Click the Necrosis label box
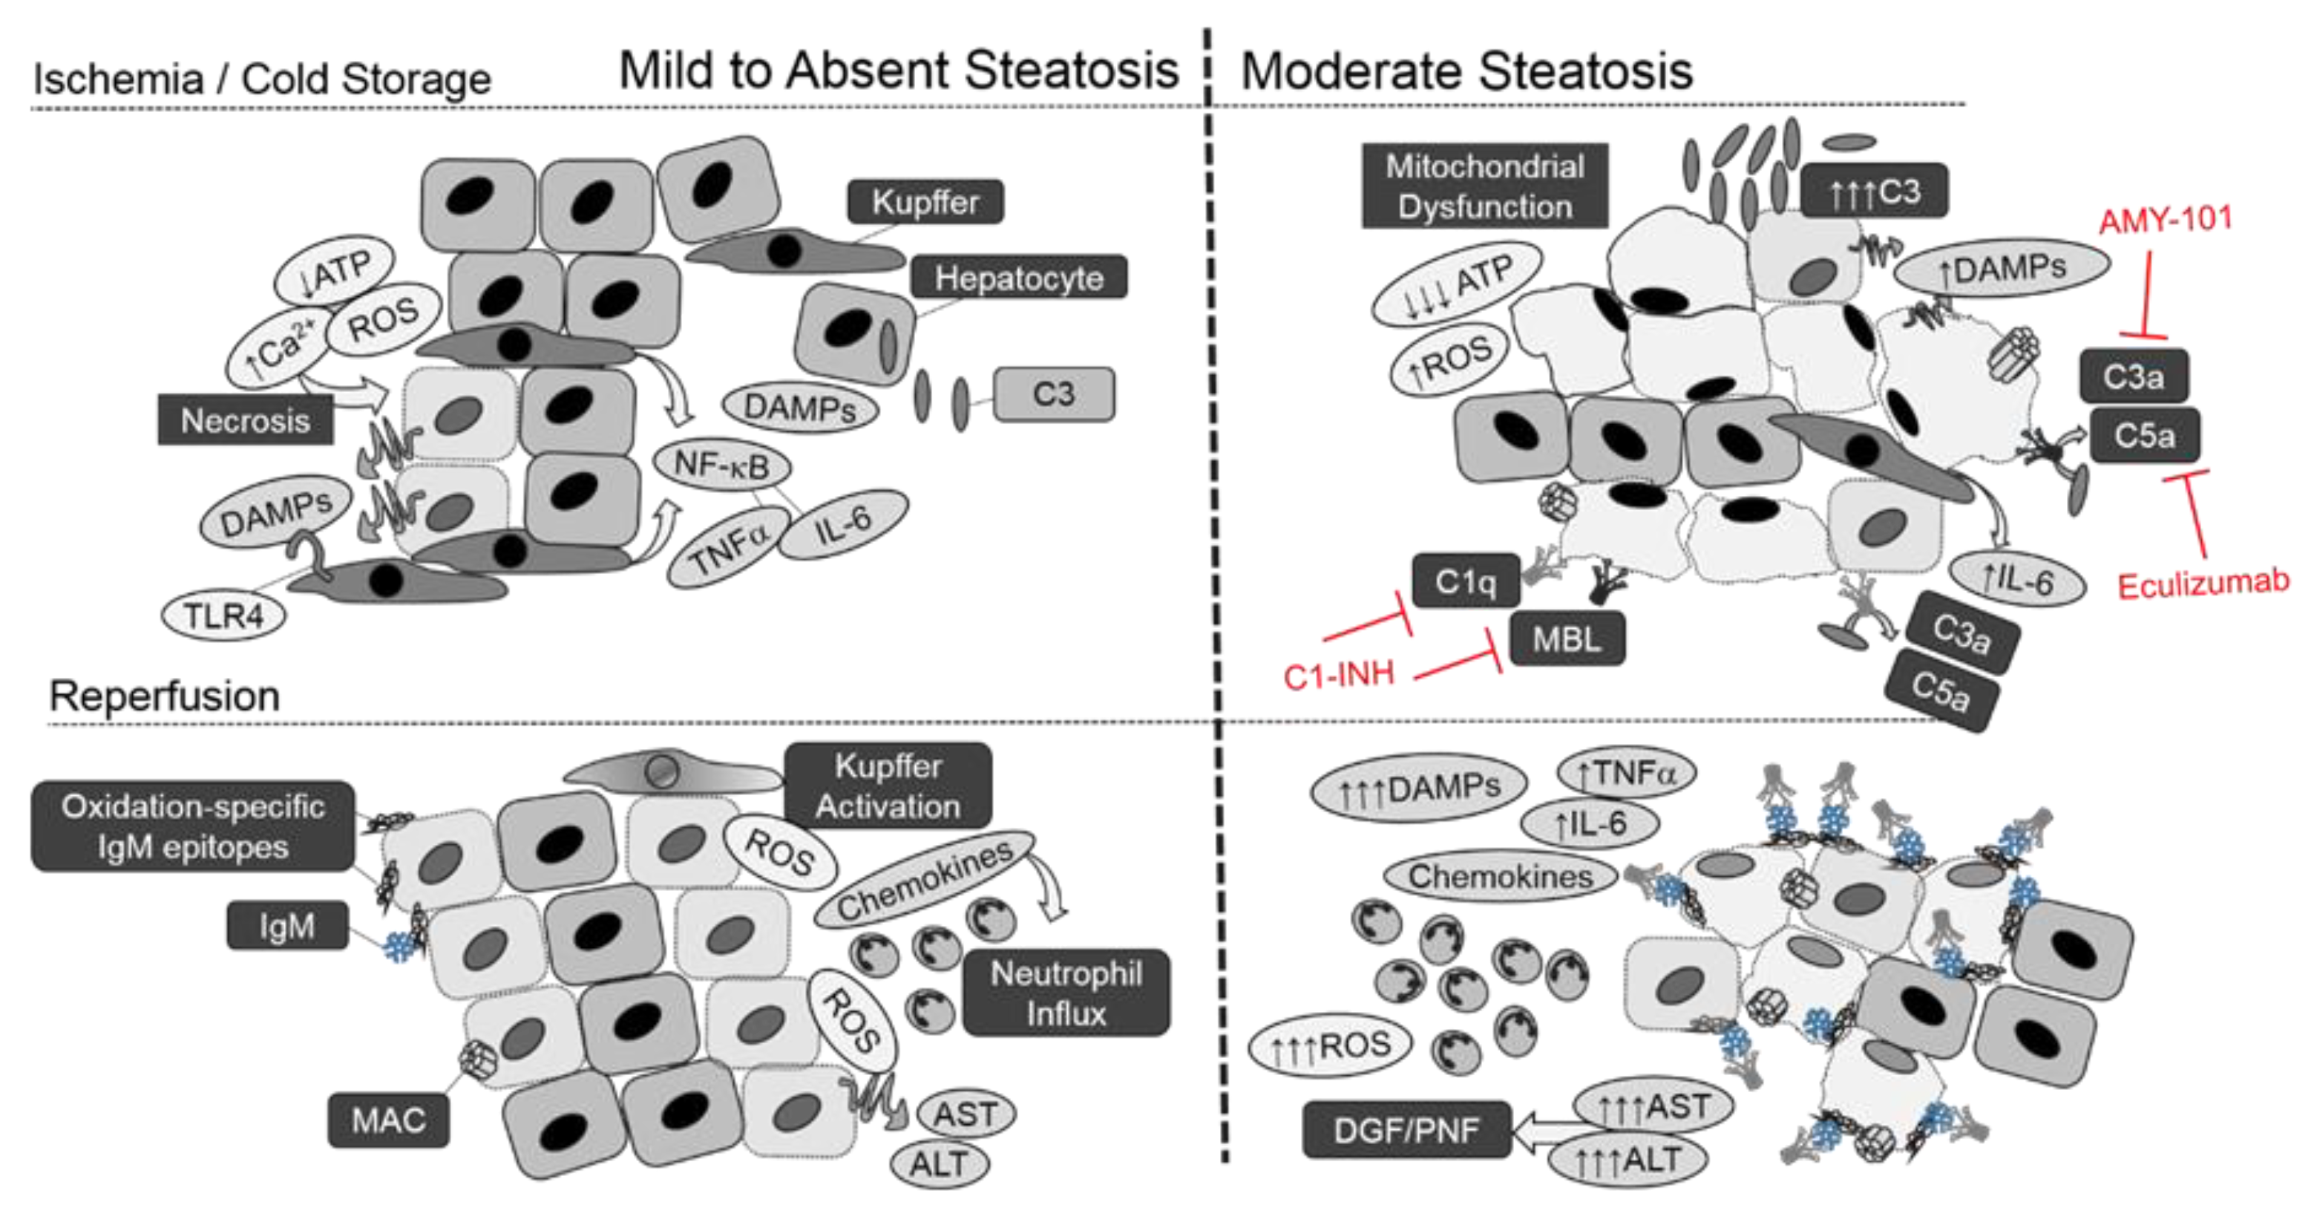pos(245,419)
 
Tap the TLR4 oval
pos(223,616)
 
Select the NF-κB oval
pos(722,465)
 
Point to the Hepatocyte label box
pos(1019,278)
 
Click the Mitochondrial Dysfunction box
pos(1484,186)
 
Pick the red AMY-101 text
pos(2166,219)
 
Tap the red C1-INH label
pos(1339,675)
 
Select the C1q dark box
pos(1465,581)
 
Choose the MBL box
pos(1567,639)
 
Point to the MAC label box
pos(388,1120)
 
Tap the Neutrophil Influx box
pos(1066,993)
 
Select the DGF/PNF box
pos(1406,1129)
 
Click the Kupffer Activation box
pos(888,786)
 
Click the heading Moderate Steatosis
pos(1466,71)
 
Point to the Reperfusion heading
pos(165,696)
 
